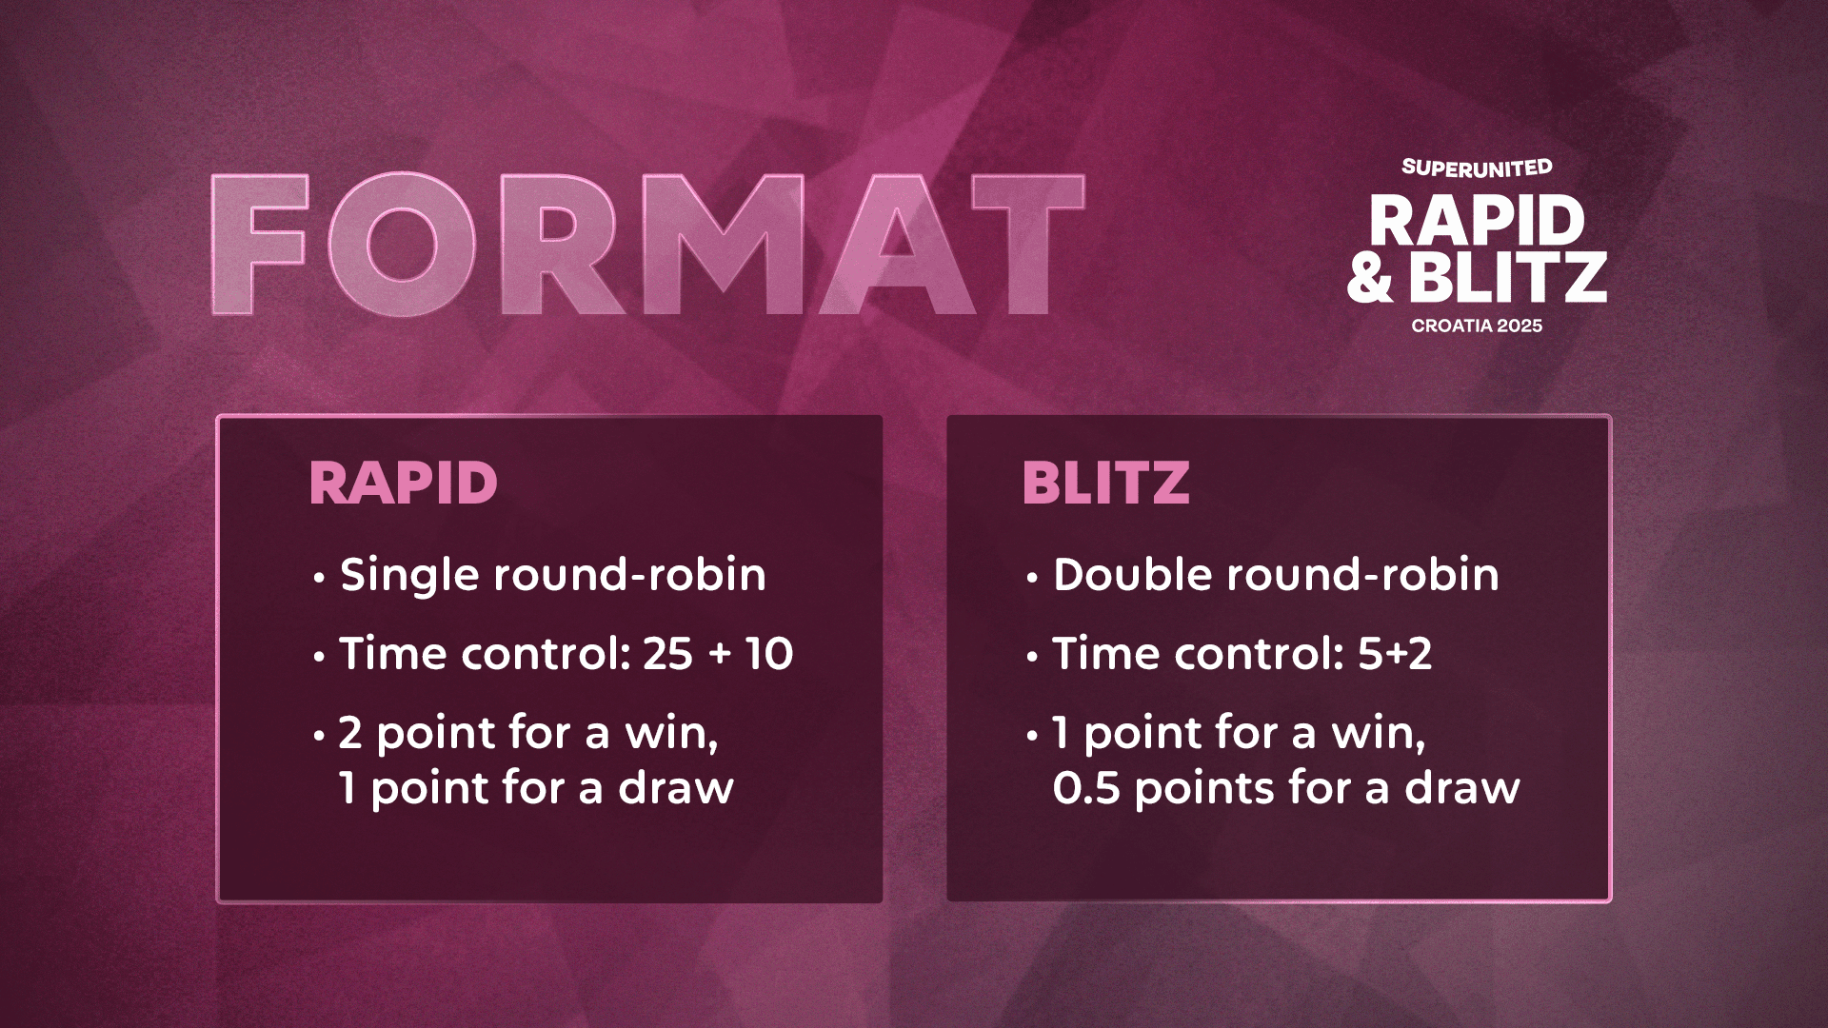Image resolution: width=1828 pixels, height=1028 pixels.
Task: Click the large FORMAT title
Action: (x=647, y=245)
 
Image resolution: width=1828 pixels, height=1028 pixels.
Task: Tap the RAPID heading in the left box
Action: (x=404, y=483)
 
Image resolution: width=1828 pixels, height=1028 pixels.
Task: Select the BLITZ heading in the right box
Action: (x=1105, y=483)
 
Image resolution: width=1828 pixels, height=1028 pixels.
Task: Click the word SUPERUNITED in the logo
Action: (x=1477, y=168)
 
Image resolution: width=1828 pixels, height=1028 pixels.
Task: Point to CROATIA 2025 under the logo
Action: (x=1477, y=326)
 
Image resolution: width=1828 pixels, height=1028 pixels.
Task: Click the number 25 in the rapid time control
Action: (x=667, y=654)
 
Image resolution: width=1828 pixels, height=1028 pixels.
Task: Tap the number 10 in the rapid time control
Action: (x=769, y=654)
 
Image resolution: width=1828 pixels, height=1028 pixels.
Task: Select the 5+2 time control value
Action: (x=1395, y=654)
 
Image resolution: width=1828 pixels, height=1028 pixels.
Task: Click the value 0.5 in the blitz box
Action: (x=1086, y=789)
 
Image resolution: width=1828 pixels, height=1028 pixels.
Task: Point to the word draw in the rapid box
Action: (x=676, y=788)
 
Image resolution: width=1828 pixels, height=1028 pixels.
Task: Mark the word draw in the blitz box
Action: (x=1462, y=788)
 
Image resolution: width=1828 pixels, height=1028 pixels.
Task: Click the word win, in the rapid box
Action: (x=671, y=734)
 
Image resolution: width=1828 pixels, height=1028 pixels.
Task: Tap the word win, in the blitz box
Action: (x=1378, y=734)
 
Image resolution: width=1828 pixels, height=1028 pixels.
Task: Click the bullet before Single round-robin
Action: (x=320, y=578)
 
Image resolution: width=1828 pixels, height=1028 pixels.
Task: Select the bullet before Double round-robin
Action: (x=1032, y=578)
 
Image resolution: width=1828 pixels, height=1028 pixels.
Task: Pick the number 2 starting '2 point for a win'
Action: (x=350, y=733)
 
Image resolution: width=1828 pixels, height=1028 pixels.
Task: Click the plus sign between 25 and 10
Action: (x=720, y=655)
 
